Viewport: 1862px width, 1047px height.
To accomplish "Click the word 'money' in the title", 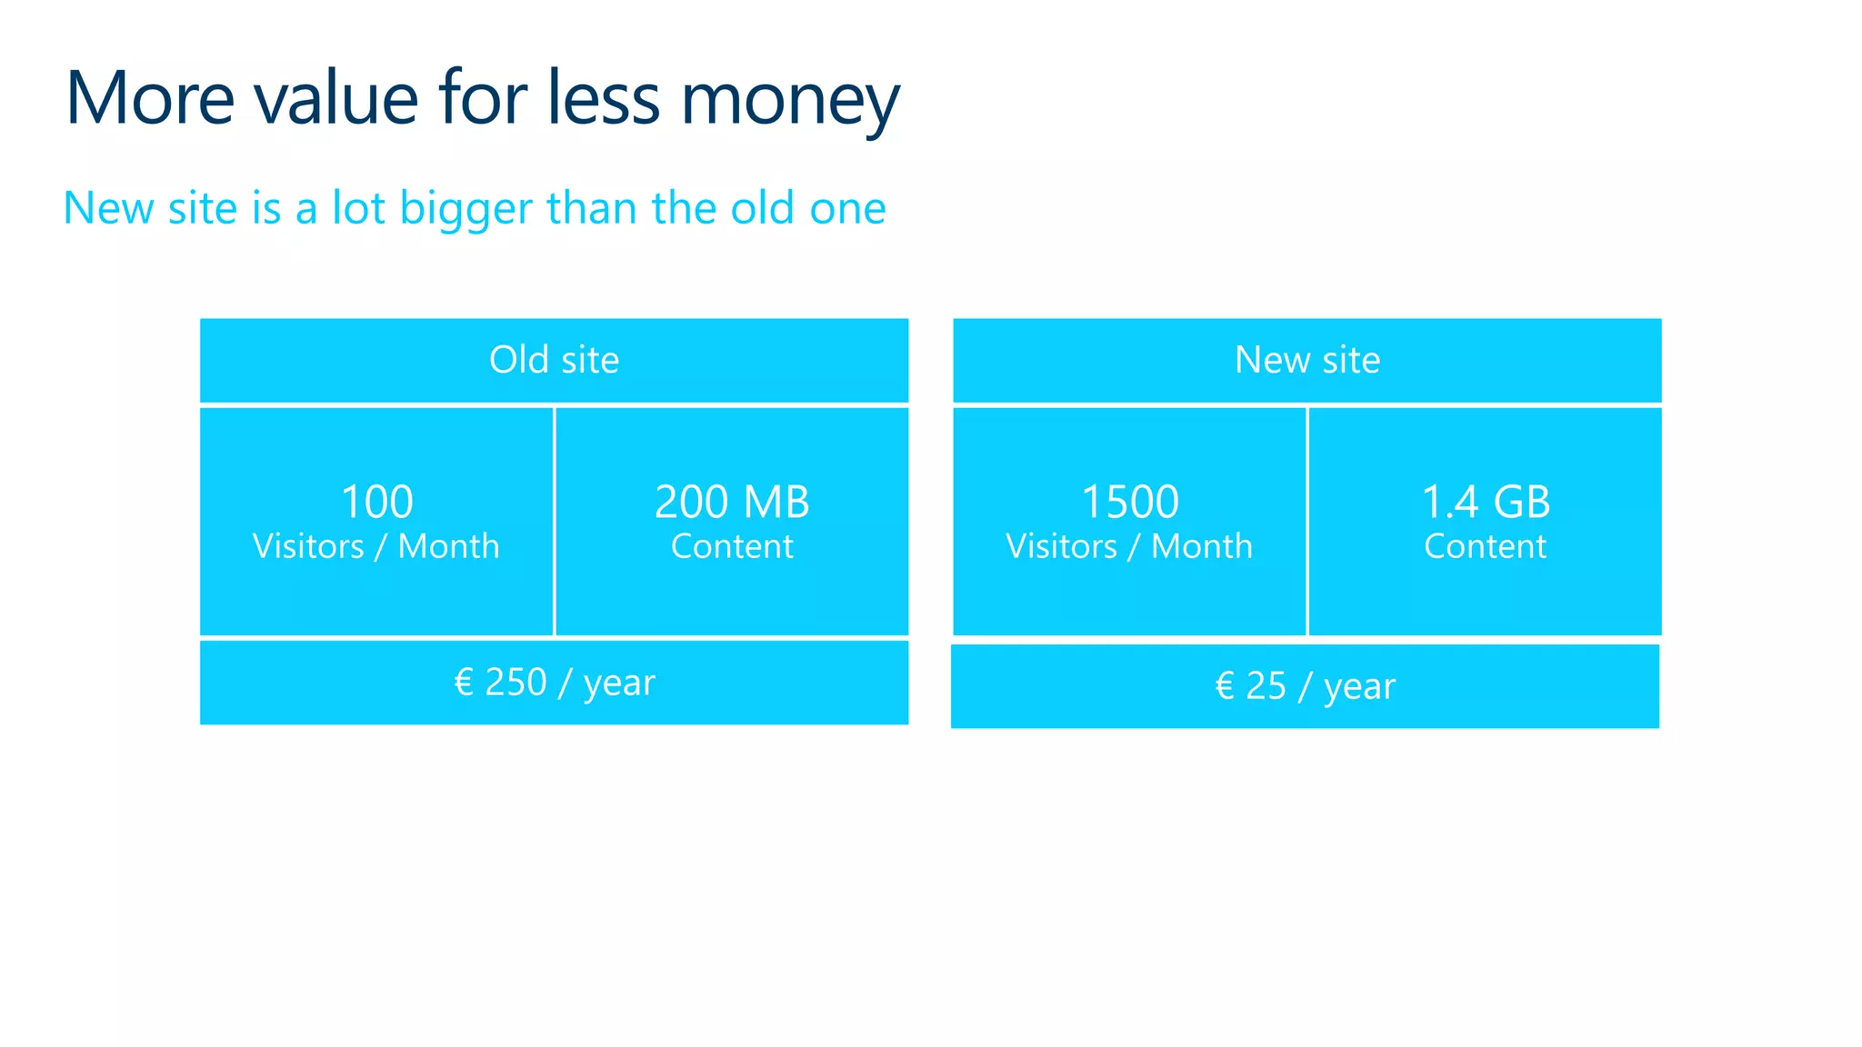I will tap(789, 100).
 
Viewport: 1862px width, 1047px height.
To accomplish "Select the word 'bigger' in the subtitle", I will tap(465, 209).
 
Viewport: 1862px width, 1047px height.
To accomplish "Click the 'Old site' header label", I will tap(554, 360).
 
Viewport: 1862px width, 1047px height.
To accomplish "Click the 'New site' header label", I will tap(1306, 360).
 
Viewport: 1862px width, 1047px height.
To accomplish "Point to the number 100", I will tap(376, 502).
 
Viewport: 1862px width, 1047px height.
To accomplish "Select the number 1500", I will tap(1129, 502).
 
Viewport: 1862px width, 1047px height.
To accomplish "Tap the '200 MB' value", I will tap(732, 502).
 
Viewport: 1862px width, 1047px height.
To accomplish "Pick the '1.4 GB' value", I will tap(1485, 502).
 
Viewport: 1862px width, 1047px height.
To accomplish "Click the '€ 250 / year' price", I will tap(554, 683).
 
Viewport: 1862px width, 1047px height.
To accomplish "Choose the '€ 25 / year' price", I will tap(1305, 686).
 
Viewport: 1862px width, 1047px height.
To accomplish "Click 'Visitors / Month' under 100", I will tap(375, 546).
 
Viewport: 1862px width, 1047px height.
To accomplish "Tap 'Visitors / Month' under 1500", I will tap(1129, 546).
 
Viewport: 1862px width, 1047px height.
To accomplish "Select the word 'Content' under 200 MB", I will tap(732, 546).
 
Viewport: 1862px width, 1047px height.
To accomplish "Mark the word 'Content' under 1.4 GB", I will tap(1485, 546).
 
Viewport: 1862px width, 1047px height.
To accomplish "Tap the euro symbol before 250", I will tap(464, 682).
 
